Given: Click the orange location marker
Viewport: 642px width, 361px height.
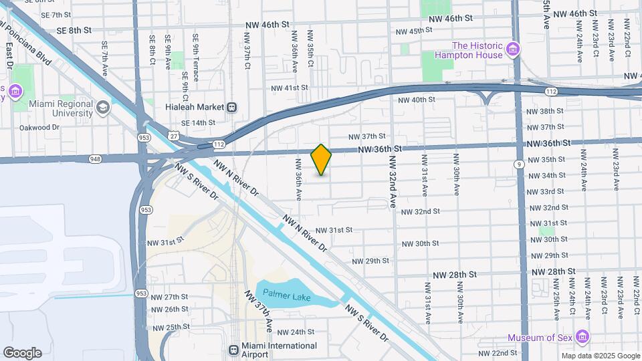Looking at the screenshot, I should [322, 159].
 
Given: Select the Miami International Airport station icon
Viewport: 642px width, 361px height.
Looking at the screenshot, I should [233, 350].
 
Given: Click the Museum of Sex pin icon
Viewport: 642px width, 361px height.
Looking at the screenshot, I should [583, 337].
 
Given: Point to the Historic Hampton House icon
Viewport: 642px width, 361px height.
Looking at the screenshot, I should [513, 49].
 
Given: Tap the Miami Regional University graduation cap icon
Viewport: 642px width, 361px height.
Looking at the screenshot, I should [102, 108].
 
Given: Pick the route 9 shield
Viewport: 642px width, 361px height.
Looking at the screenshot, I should [519, 164].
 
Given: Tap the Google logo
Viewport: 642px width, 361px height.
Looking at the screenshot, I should [22, 353].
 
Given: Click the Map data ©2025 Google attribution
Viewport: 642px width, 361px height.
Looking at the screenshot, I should [600, 356].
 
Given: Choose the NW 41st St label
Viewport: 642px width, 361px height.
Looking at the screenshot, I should [290, 88].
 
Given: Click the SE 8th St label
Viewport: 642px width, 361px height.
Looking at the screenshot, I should [74, 30].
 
